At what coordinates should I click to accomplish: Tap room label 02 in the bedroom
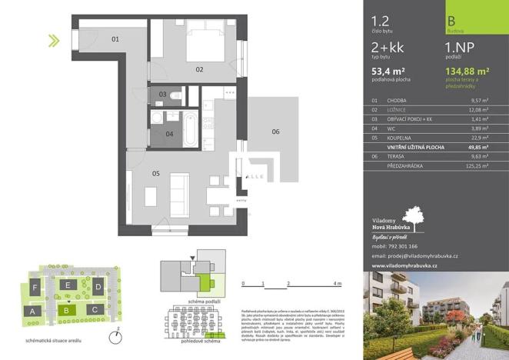[199, 69]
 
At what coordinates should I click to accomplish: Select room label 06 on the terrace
[275, 132]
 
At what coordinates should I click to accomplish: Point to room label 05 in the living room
[155, 174]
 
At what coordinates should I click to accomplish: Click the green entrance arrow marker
[54, 41]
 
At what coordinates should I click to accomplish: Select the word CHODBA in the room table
[398, 100]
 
